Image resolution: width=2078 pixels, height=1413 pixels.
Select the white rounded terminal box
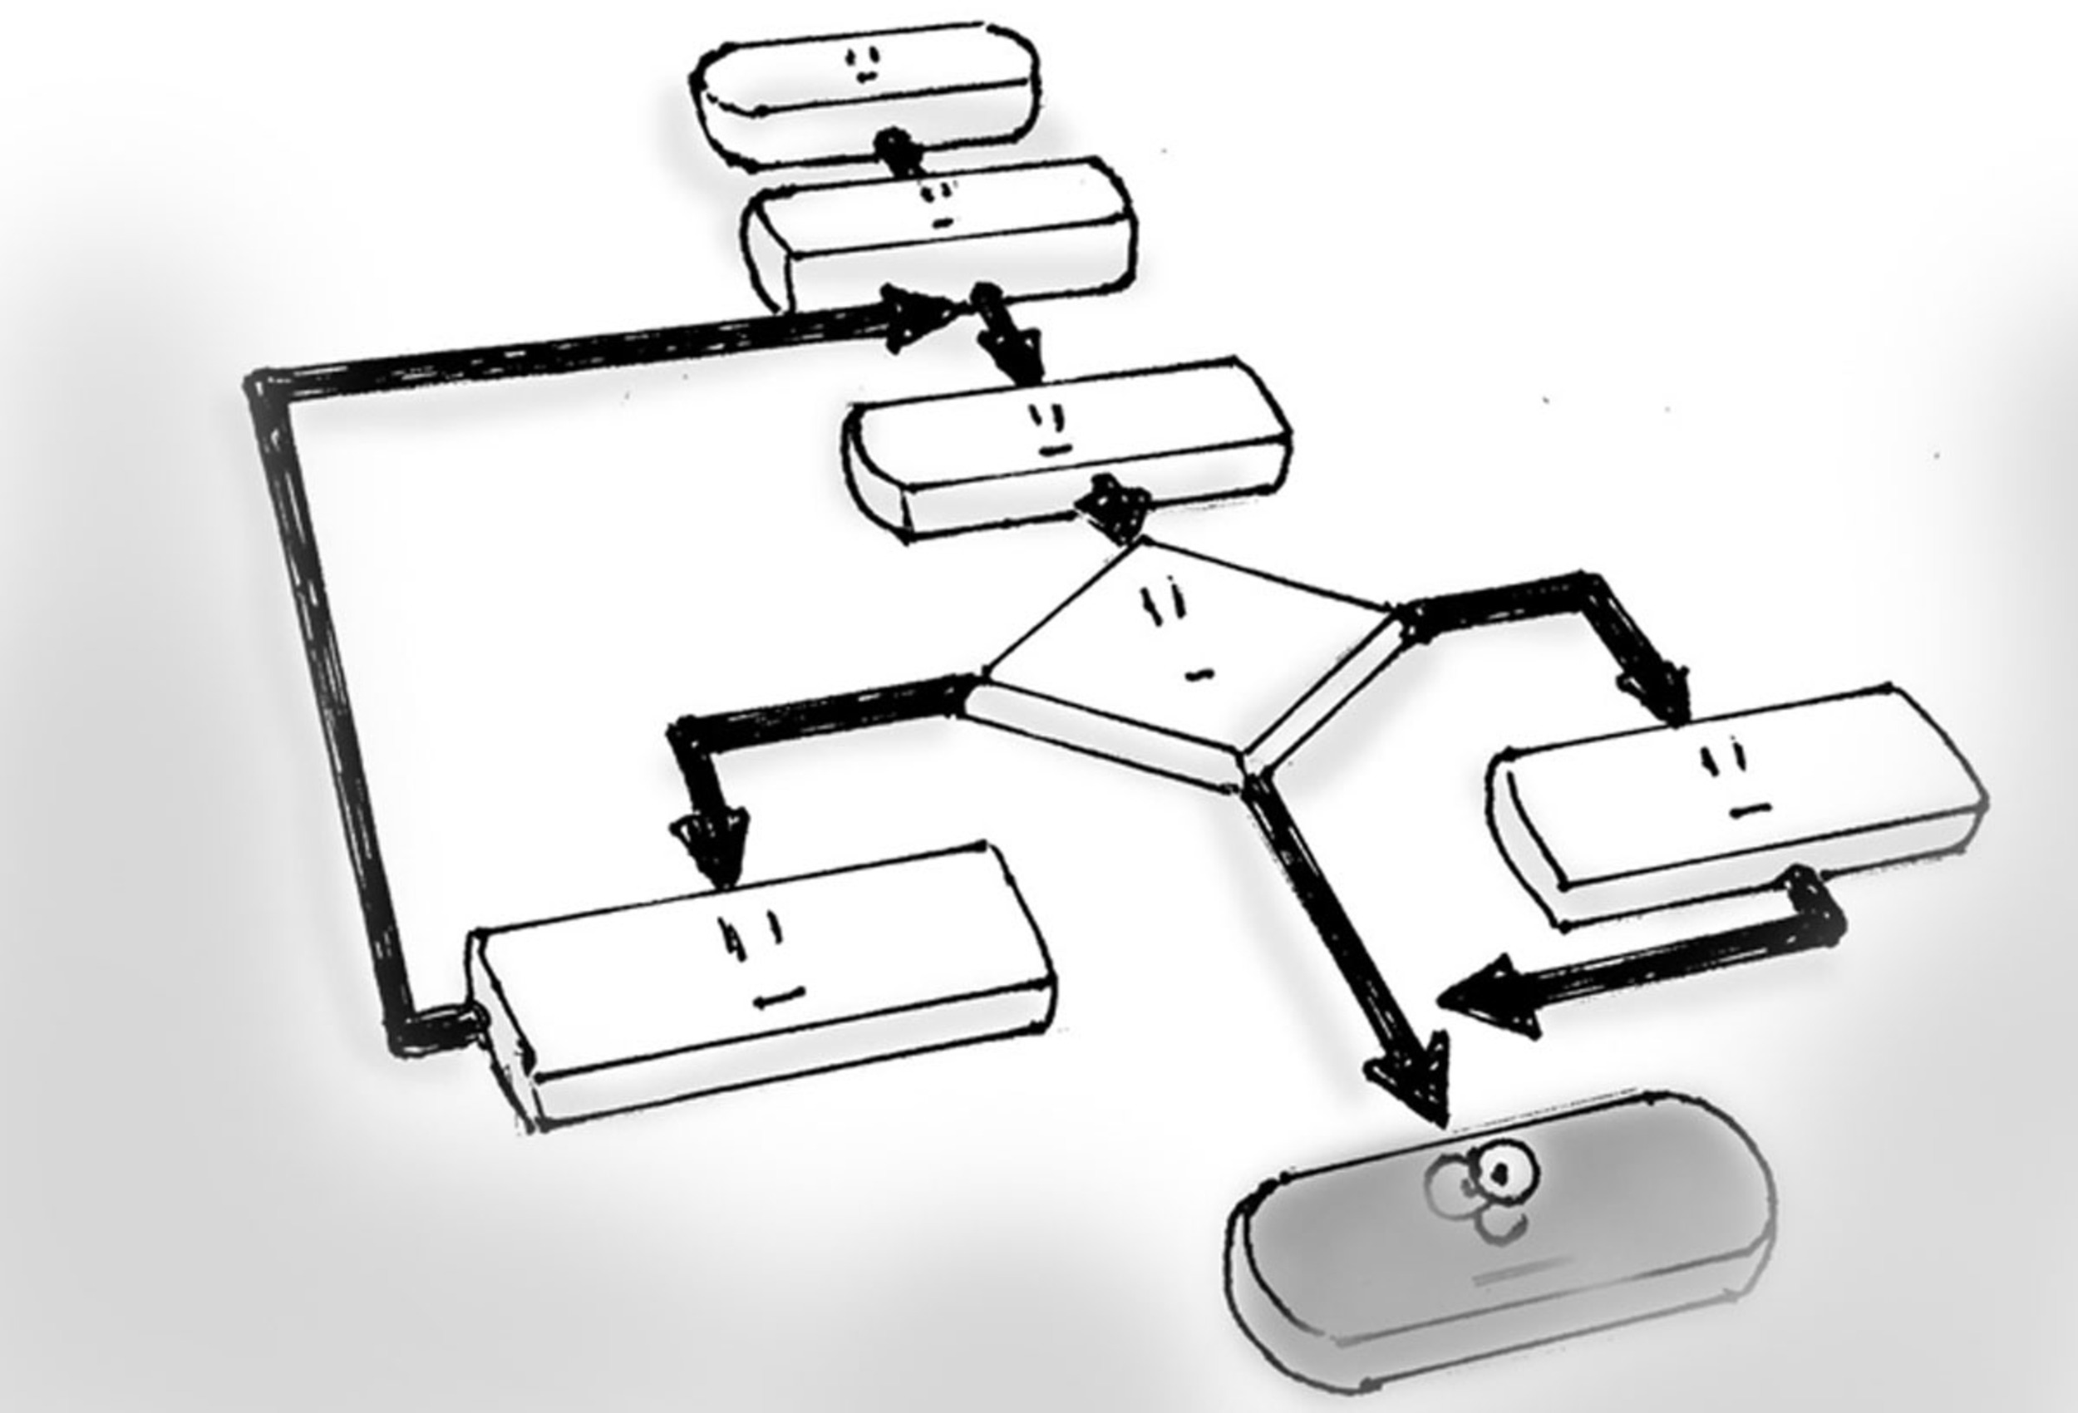coord(865,90)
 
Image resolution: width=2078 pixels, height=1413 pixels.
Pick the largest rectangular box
coord(760,984)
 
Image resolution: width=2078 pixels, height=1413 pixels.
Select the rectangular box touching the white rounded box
coord(939,237)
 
